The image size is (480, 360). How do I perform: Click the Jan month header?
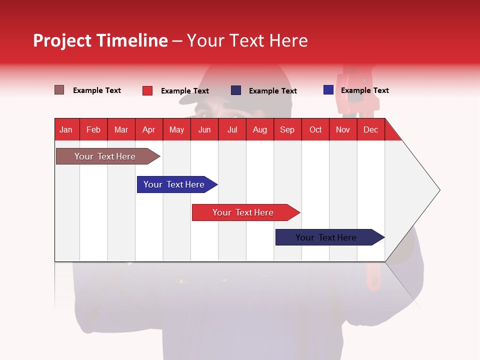click(66, 129)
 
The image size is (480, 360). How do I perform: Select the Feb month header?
click(93, 129)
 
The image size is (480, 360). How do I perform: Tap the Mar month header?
click(121, 129)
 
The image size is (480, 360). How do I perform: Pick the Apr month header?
click(148, 129)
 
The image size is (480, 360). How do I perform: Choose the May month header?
click(176, 129)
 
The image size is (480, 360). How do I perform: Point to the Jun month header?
click(204, 129)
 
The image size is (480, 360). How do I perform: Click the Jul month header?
click(232, 129)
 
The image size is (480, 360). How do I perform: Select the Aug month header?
click(259, 129)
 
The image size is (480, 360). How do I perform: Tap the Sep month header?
click(287, 129)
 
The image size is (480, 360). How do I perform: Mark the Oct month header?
click(315, 129)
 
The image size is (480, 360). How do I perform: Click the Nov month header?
click(343, 129)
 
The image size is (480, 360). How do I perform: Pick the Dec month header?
click(370, 129)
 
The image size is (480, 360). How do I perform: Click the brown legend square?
click(59, 90)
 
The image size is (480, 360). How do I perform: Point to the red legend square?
click(147, 90)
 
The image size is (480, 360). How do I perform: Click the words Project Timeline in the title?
click(100, 40)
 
